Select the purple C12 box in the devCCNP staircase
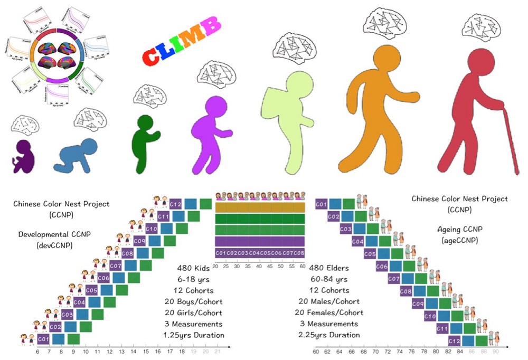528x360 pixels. [x=176, y=204]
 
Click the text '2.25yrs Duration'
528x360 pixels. [x=328, y=335]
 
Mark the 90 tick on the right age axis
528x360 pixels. [x=495, y=351]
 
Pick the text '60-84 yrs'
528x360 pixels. [x=328, y=279]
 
